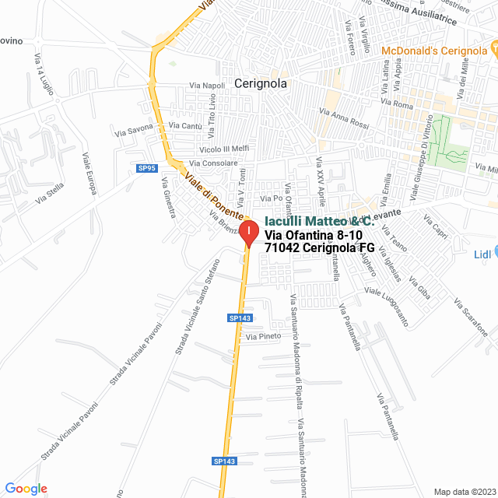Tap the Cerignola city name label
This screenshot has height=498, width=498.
(x=261, y=84)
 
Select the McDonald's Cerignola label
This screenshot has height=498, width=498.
(x=434, y=51)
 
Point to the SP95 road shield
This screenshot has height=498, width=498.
(x=147, y=168)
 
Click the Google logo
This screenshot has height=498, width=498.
(x=26, y=489)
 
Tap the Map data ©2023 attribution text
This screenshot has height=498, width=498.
(x=463, y=491)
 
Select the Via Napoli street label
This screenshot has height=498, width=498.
(x=207, y=86)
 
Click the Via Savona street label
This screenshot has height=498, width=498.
(x=135, y=130)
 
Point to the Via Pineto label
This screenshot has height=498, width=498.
(x=263, y=337)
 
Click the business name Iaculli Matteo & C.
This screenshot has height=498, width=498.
(x=314, y=221)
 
